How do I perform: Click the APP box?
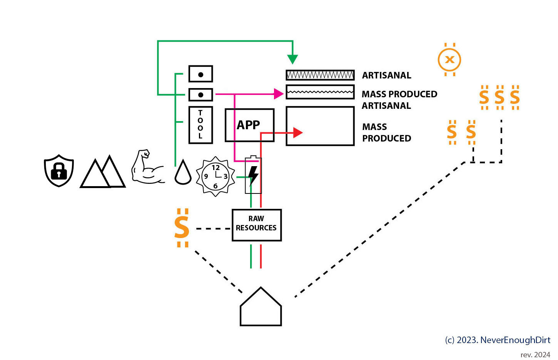pyautogui.click(x=249, y=125)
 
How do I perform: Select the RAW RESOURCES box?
pyautogui.click(x=257, y=225)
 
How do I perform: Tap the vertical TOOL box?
pyautogui.click(x=200, y=125)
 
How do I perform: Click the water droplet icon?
pyautogui.click(x=183, y=173)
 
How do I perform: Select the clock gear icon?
pyautogui.click(x=216, y=177)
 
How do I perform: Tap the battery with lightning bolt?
pyautogui.click(x=253, y=175)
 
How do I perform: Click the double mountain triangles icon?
pyautogui.click(x=103, y=173)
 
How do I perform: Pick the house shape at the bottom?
pyautogui.click(x=261, y=308)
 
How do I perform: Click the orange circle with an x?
pyautogui.click(x=449, y=60)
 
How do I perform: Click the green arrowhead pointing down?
pyautogui.click(x=292, y=59)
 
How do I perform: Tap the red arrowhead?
pyautogui.click(x=297, y=133)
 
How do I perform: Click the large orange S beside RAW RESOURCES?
pyautogui.click(x=182, y=228)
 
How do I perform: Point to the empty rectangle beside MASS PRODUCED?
pyautogui.click(x=320, y=126)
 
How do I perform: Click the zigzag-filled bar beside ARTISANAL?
pyautogui.click(x=320, y=75)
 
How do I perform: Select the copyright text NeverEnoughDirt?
pyautogui.click(x=498, y=340)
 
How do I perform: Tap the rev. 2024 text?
pyautogui.click(x=535, y=354)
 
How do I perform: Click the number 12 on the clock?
pyautogui.click(x=216, y=168)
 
